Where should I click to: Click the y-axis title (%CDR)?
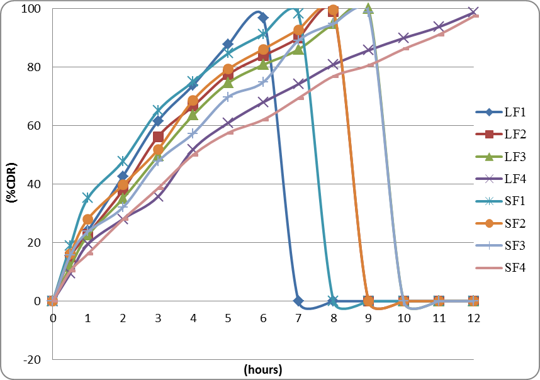click(11, 183)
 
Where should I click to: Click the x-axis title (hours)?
click(263, 370)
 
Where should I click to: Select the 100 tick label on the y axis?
click(32, 9)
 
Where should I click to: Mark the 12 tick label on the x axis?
click(473, 318)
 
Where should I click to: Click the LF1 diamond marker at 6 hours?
click(263, 18)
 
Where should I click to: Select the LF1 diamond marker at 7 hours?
click(298, 301)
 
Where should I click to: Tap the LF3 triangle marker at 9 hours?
click(368, 8)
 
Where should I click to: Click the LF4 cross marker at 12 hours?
click(473, 12)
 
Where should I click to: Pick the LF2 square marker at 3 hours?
click(158, 137)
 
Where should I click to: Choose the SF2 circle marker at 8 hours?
click(334, 10)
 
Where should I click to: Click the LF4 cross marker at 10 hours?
click(403, 38)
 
